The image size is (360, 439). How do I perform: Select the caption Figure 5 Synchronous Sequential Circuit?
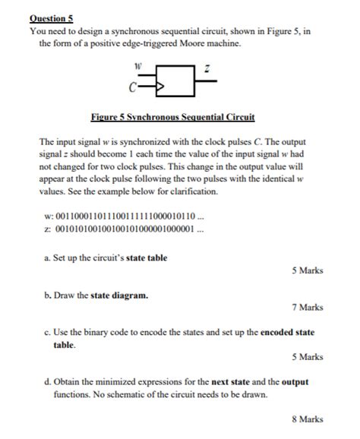[x=172, y=118]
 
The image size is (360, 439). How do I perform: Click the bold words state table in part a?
[x=147, y=257]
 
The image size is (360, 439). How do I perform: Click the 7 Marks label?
[x=307, y=308]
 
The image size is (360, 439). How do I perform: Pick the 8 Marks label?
[x=307, y=418]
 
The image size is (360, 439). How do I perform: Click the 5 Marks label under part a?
[x=307, y=270]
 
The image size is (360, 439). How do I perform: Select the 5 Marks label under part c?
[x=307, y=356]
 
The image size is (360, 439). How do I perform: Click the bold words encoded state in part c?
[x=287, y=332]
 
